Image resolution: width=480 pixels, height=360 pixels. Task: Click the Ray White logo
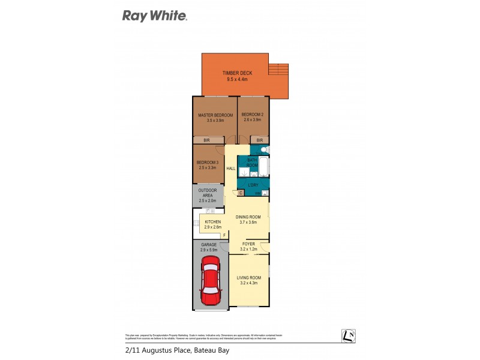[x=155, y=16]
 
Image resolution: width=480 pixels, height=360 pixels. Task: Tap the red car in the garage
[x=211, y=281]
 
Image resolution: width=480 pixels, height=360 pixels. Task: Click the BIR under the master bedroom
[x=206, y=140]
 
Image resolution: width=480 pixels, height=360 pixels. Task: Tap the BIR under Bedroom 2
[x=259, y=140]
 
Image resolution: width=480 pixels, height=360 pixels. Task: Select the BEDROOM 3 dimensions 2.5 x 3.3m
[x=207, y=168]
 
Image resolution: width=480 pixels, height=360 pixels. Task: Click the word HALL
[x=231, y=169]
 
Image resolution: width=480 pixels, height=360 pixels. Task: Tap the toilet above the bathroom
[x=264, y=149]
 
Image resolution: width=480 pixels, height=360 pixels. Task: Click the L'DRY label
[x=253, y=185]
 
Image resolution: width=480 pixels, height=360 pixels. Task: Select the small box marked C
[x=241, y=193]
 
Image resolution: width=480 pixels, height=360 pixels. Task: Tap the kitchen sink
[x=210, y=211]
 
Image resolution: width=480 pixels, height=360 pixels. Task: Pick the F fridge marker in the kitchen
[x=224, y=235]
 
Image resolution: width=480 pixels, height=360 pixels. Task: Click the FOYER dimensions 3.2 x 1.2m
[x=248, y=248]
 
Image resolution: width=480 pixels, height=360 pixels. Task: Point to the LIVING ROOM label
[x=248, y=277]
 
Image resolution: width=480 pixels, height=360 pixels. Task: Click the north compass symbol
[x=347, y=337]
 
